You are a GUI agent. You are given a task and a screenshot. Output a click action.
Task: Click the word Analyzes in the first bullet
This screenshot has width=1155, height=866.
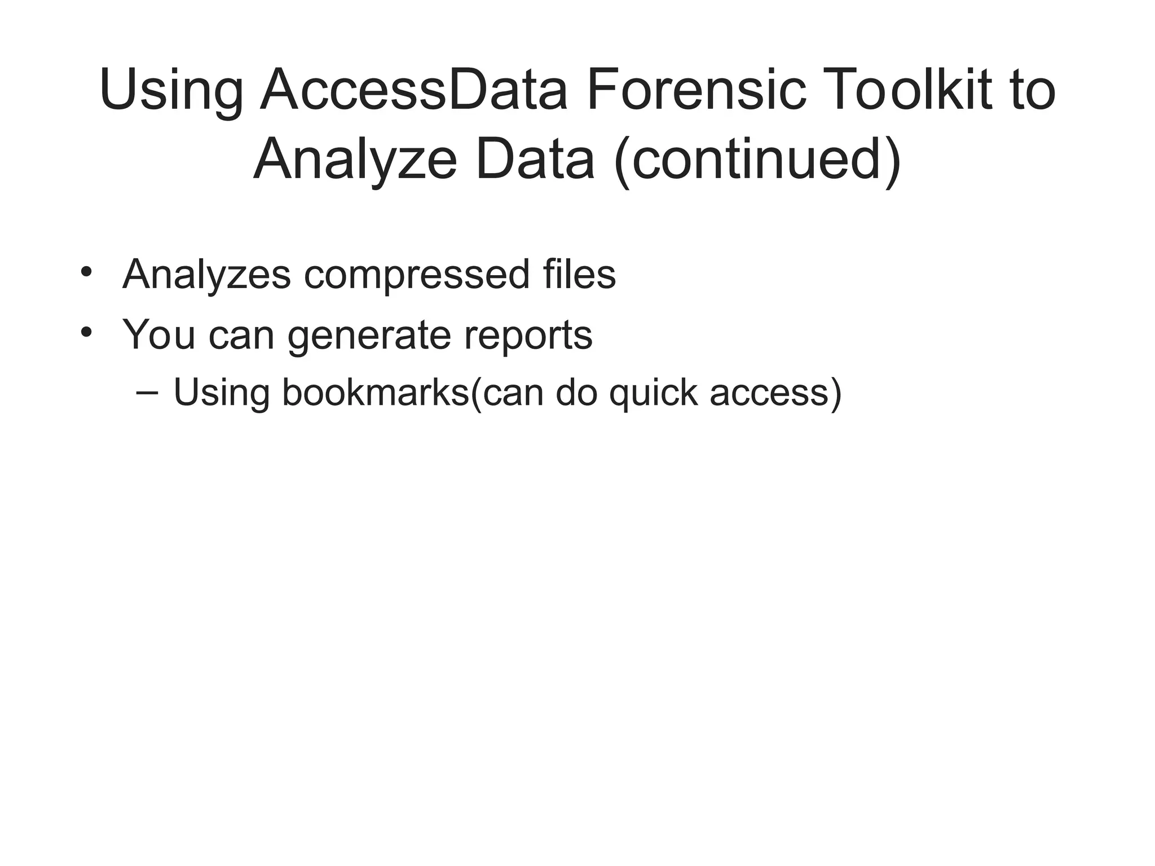206,275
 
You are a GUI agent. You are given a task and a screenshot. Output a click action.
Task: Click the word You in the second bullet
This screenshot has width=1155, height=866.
159,334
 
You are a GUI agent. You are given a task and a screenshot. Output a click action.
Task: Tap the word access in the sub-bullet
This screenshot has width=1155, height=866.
770,393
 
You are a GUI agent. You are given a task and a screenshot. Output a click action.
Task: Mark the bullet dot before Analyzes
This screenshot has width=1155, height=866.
86,272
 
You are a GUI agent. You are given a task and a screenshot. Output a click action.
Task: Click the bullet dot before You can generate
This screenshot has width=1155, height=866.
86,332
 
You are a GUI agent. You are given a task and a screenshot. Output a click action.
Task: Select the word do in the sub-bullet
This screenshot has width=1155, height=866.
576,392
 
